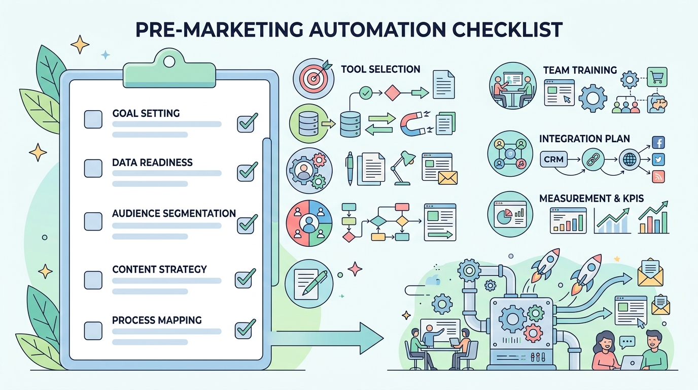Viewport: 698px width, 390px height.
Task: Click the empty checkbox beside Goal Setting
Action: coord(93,119)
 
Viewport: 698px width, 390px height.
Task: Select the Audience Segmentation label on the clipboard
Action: coord(173,213)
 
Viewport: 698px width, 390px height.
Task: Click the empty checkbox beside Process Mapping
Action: coord(93,330)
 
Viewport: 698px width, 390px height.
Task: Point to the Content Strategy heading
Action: coord(159,269)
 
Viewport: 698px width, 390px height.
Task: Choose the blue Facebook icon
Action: coord(658,143)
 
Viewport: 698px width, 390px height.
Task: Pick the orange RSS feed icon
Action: coord(658,176)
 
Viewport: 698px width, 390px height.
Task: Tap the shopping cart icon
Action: coord(658,76)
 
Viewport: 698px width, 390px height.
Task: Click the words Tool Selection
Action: coord(380,69)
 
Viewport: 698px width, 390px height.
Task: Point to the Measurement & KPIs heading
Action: coord(591,198)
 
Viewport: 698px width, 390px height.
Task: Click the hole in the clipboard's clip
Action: coord(168,61)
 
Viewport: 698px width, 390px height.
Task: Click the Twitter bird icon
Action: coord(658,159)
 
